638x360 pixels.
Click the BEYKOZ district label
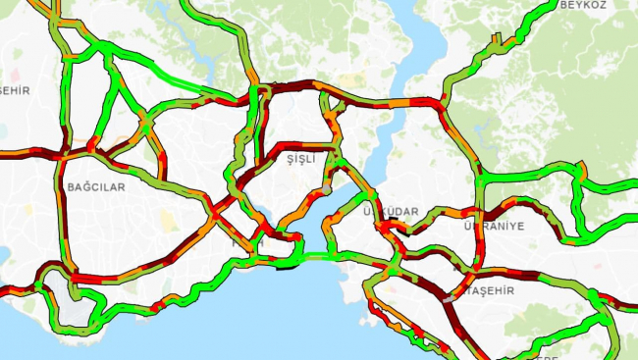(x=584, y=5)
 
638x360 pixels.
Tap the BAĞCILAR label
(x=96, y=186)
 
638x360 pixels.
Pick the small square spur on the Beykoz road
(x=497, y=39)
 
